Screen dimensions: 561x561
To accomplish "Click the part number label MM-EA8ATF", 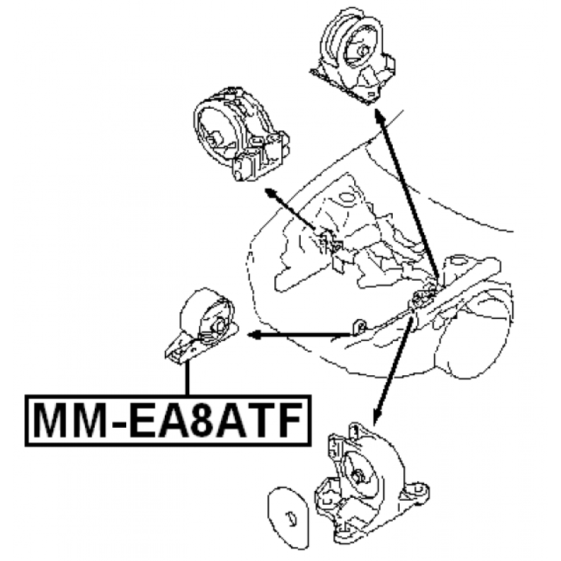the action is pyautogui.click(x=168, y=420).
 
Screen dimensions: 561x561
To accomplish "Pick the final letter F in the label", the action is pyautogui.click(x=290, y=420).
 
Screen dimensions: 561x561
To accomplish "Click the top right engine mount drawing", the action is pyautogui.click(x=354, y=55).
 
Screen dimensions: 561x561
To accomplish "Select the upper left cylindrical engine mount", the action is pyautogui.click(x=241, y=134).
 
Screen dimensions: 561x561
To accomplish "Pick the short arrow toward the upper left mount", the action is pyautogui.click(x=290, y=209).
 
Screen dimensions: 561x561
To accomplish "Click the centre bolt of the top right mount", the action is pyautogui.click(x=363, y=50).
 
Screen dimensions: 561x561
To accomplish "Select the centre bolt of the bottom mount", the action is pyautogui.click(x=359, y=476).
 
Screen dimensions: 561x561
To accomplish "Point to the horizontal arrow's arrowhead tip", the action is pyautogui.click(x=248, y=335).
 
